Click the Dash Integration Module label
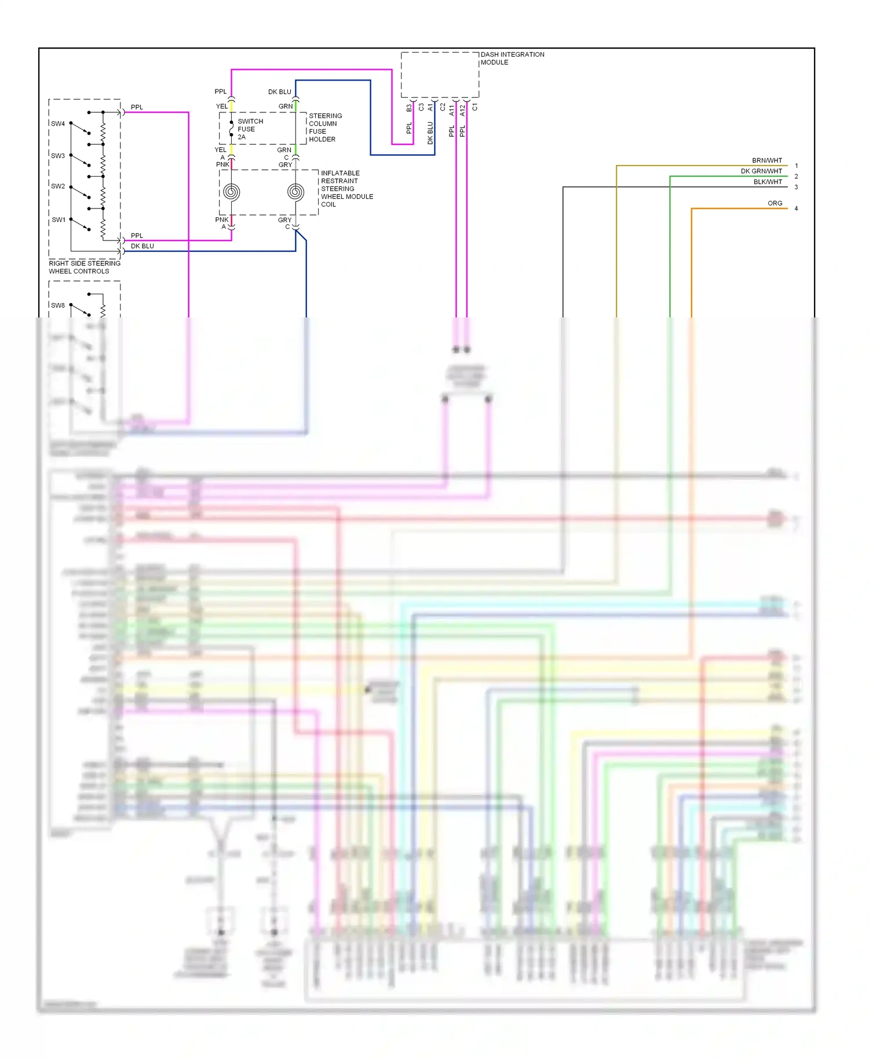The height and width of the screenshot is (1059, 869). pyautogui.click(x=512, y=59)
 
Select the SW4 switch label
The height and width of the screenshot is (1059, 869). pyautogui.click(x=58, y=124)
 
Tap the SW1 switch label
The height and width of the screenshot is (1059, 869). pyautogui.click(x=59, y=220)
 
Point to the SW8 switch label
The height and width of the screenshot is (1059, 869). pyautogui.click(x=58, y=305)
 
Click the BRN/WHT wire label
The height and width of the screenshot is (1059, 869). pyautogui.click(x=766, y=160)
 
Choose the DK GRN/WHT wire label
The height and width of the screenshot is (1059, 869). pyautogui.click(x=761, y=171)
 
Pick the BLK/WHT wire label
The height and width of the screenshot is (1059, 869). pyautogui.click(x=767, y=182)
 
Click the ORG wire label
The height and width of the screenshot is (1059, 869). pyautogui.click(x=775, y=203)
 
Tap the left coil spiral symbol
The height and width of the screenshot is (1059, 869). pyautogui.click(x=231, y=192)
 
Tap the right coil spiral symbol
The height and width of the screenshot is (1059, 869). pyautogui.click(x=295, y=192)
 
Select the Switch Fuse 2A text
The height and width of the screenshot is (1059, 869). pyautogui.click(x=250, y=129)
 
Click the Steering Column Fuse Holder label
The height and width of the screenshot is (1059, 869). pyautogui.click(x=325, y=127)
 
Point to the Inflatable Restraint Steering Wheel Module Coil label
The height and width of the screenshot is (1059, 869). pyautogui.click(x=346, y=189)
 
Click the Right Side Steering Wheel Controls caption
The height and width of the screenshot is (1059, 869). pyautogui.click(x=84, y=267)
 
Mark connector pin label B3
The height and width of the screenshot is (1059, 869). pyautogui.click(x=409, y=108)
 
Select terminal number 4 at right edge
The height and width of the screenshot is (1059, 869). pyautogui.click(x=796, y=209)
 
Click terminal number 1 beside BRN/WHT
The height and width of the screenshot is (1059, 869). pyautogui.click(x=796, y=166)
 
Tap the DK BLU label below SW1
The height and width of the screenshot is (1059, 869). pyautogui.click(x=142, y=246)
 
